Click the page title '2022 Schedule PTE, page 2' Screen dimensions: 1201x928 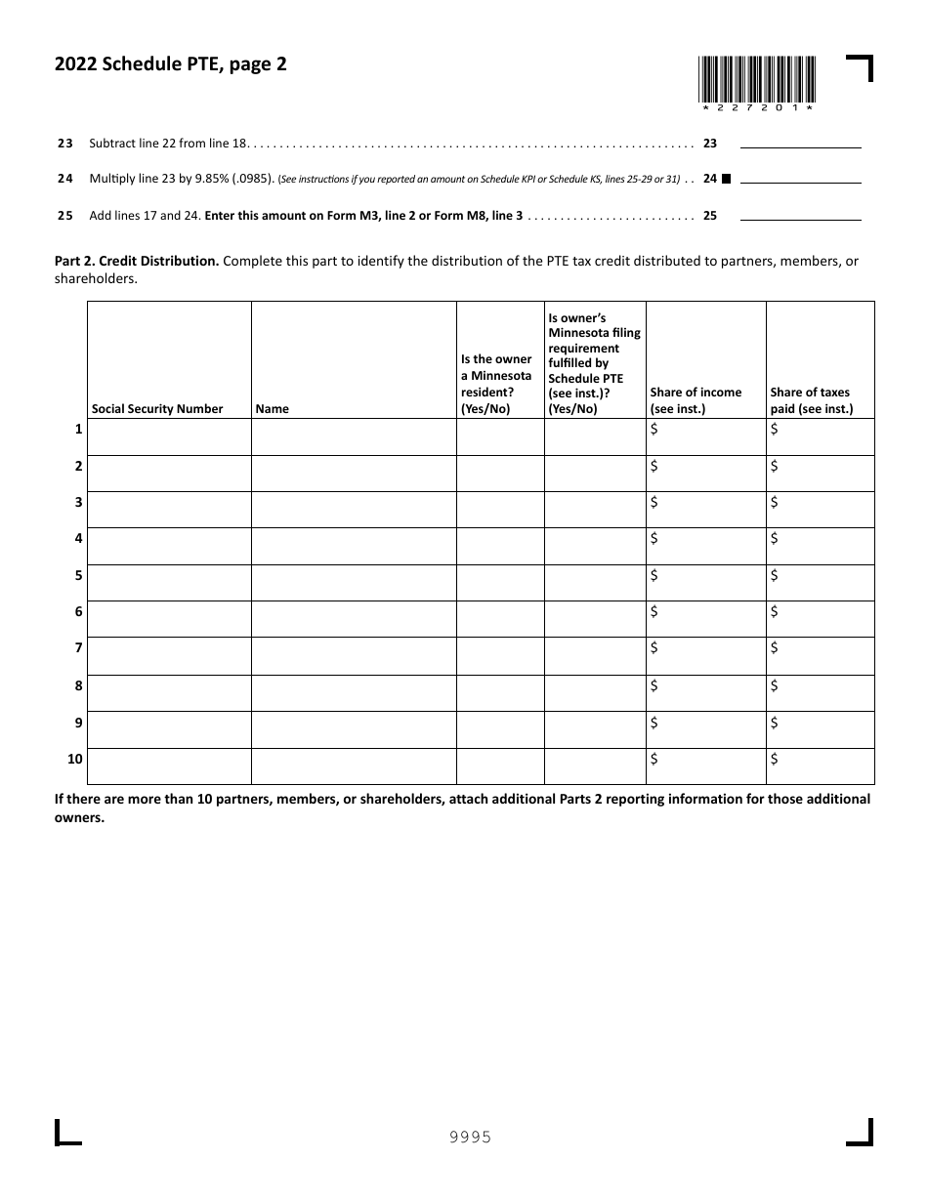(170, 65)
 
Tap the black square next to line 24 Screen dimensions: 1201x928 (726, 179)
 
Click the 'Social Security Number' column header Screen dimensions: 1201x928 (157, 409)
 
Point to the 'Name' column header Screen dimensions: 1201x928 (273, 409)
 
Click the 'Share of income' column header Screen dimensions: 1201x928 (696, 400)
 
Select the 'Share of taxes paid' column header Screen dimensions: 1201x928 (811, 400)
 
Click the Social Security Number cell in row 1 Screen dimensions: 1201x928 (169, 437)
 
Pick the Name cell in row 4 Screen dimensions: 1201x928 (354, 546)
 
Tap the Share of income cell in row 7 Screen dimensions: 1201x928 (706, 656)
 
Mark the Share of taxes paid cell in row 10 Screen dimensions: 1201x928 (821, 766)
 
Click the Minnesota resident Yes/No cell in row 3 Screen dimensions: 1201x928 (500, 510)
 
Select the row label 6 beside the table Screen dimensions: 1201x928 (78, 611)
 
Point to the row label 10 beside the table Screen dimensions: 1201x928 (75, 759)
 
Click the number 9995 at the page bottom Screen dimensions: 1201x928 (470, 1137)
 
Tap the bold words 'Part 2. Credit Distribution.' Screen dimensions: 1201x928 (137, 262)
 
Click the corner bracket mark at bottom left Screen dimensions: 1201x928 (67, 1133)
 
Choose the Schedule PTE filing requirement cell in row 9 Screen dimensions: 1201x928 (595, 729)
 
